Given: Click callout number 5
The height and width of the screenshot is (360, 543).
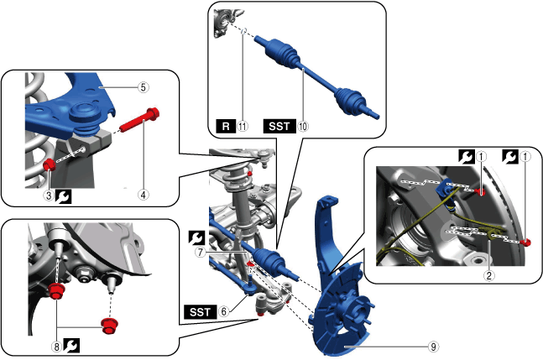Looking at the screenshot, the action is point(144,87).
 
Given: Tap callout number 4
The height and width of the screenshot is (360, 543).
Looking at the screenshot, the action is point(144,195).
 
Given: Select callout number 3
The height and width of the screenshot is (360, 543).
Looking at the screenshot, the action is point(49,196).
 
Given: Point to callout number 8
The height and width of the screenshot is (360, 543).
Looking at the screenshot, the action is point(57,347).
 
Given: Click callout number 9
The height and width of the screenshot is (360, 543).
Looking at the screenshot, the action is point(434,347).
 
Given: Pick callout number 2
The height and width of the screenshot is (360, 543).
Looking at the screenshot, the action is point(489,275).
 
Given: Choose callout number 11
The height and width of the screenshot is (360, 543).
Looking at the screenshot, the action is point(243,127).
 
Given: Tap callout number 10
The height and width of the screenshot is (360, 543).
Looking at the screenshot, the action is point(303,127).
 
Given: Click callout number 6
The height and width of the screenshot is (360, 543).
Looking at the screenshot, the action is point(224,311).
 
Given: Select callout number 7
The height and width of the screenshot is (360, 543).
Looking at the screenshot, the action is point(200,253).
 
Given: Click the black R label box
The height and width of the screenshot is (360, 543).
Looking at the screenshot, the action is point(226,127).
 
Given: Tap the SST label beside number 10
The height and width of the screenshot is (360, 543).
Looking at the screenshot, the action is point(279,127).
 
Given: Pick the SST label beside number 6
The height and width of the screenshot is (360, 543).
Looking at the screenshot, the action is point(201,312).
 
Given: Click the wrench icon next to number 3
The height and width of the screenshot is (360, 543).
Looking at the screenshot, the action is point(64,196).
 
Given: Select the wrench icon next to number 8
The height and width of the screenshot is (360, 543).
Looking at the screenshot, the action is point(71,346).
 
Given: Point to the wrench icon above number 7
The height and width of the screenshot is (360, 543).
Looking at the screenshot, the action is point(196,238).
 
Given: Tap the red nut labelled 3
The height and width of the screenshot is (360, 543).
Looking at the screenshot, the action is point(50,164).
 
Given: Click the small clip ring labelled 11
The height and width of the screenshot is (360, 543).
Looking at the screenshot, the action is point(243,31).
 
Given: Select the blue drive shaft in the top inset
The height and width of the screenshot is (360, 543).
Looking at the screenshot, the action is point(317,78).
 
